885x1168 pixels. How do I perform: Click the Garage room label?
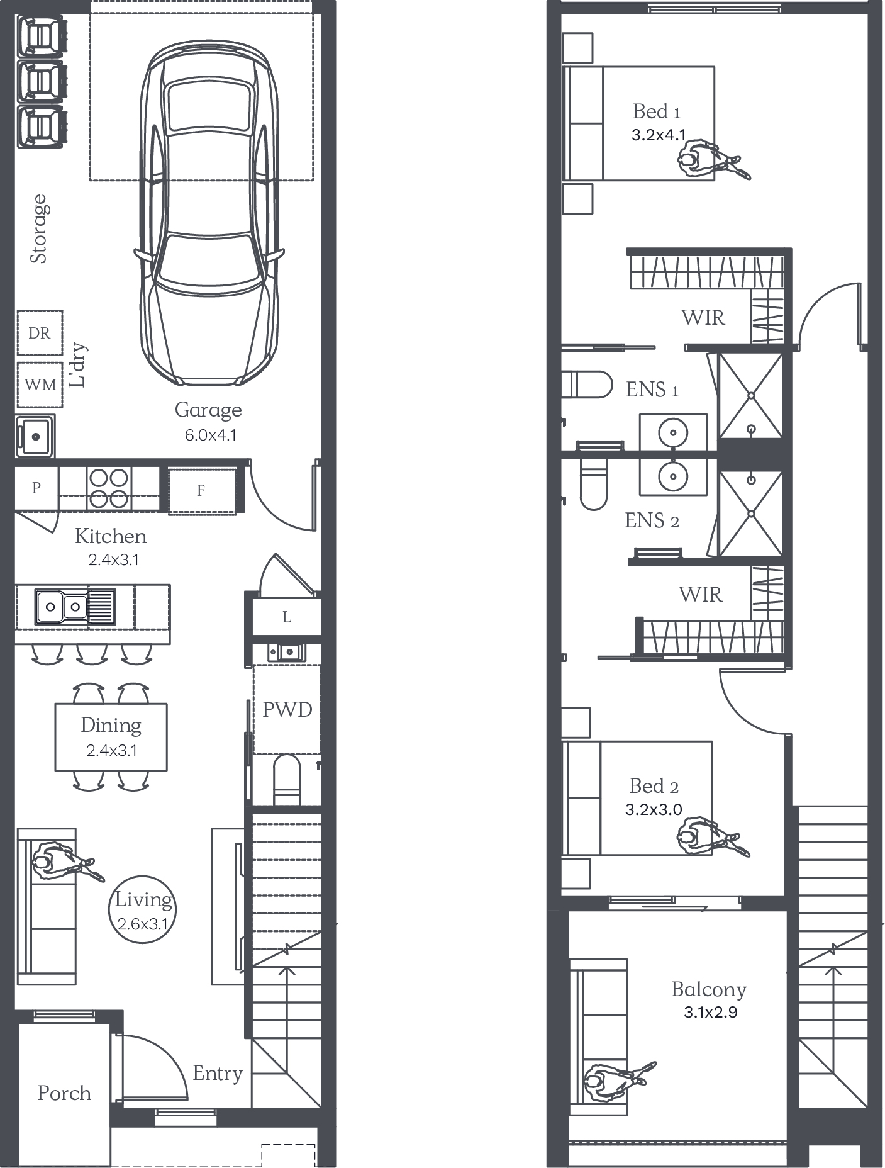click(208, 410)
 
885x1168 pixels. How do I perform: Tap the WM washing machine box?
click(40, 385)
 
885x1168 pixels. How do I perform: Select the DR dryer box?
click(40, 333)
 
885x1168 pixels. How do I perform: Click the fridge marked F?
click(201, 490)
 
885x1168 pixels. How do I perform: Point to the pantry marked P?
click(36, 487)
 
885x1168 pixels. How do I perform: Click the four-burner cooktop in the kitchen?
click(109, 488)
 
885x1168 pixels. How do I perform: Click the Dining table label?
click(111, 726)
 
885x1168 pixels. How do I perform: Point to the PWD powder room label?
click(287, 710)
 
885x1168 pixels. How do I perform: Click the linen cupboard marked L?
click(287, 617)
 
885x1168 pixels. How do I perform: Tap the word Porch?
click(64, 1093)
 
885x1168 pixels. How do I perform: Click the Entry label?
click(218, 1074)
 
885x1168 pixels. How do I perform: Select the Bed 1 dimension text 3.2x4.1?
click(659, 135)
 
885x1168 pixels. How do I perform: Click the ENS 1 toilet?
click(587, 385)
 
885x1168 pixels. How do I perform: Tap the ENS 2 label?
click(652, 520)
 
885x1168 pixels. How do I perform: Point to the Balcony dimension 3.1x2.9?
click(711, 1012)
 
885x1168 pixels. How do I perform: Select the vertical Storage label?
click(39, 228)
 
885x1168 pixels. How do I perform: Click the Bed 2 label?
click(654, 786)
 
